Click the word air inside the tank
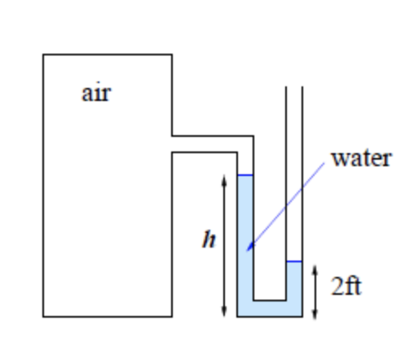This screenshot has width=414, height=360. [x=96, y=93]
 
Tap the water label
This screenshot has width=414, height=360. [x=361, y=157]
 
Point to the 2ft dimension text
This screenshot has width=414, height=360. [x=346, y=286]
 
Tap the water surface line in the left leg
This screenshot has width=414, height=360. [x=244, y=175]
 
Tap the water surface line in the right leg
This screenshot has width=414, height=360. [x=294, y=262]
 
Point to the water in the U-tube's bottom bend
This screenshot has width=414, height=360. [x=270, y=308]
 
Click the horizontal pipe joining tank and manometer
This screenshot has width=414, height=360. [x=208, y=143]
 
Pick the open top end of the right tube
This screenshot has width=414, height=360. [x=294, y=87]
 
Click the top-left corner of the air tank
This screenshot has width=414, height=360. [x=43, y=55]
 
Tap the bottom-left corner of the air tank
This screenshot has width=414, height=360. [x=43, y=316]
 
